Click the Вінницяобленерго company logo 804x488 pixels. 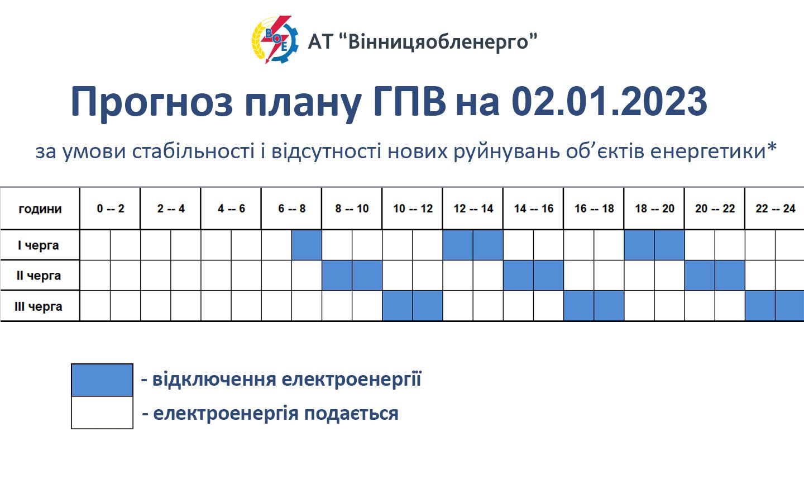pos(274,40)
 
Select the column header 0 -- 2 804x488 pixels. pos(110,209)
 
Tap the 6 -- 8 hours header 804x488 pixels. pos(291,209)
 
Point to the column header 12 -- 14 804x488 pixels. pos(473,209)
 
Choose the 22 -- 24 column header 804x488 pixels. pos(775,209)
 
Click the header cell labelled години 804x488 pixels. pos(40,209)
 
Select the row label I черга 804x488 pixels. pos(39,245)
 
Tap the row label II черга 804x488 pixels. pos(39,276)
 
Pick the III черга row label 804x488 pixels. pos(39,306)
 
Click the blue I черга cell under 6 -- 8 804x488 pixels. pos(307,245)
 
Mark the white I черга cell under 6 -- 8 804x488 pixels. pos(276,245)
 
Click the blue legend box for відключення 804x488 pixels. pos(102,380)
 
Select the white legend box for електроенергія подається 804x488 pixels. pos(102,413)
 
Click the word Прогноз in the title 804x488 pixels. pos(151,102)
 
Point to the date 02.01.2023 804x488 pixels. pos(609,102)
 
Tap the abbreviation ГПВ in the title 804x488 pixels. pos(409,102)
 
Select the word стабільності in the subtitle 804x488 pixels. pos(193,151)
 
